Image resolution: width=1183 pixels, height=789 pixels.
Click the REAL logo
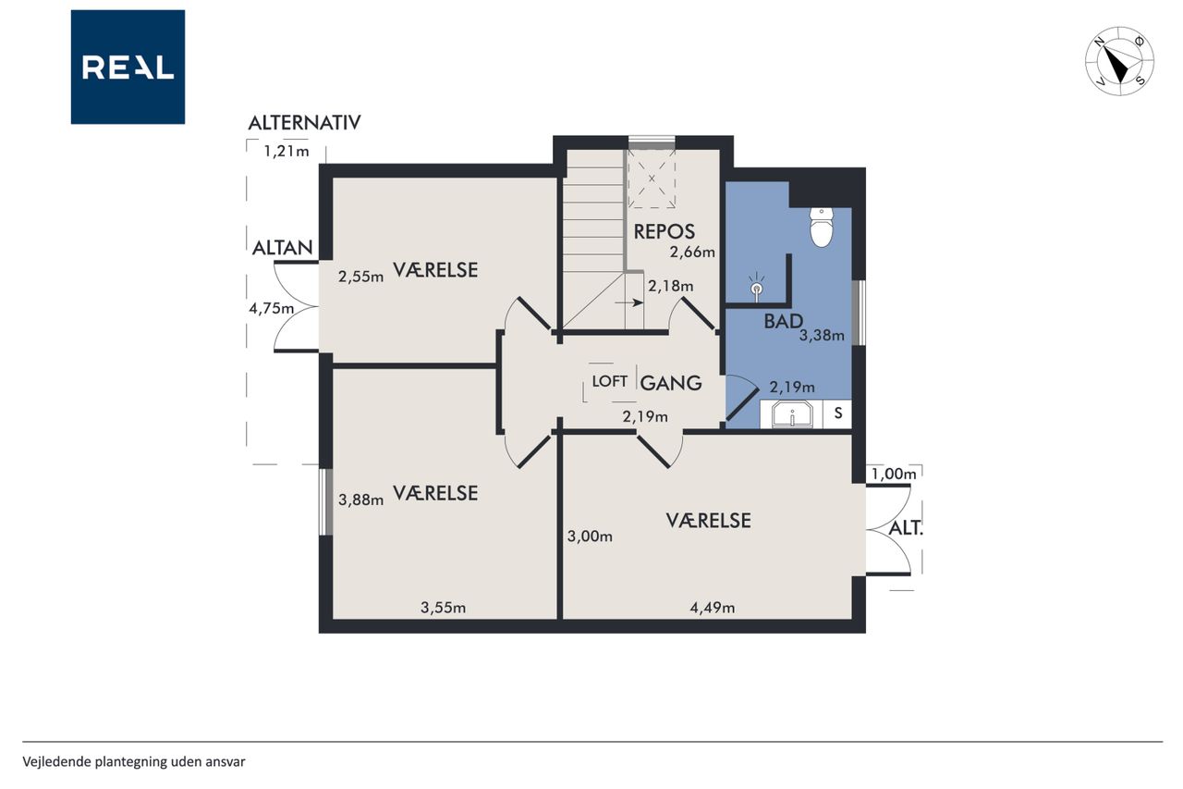tap(128, 67)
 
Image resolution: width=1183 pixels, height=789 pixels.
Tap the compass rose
tap(1119, 61)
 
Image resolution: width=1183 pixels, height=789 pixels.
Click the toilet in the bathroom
tap(822, 228)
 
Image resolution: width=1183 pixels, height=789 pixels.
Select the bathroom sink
tap(792, 413)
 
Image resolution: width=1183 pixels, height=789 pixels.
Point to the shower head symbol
tap(757, 287)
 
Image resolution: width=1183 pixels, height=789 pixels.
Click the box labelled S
tap(837, 413)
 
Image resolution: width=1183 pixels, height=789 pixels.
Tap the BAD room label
tap(783, 321)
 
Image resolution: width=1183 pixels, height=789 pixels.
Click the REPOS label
tap(665, 231)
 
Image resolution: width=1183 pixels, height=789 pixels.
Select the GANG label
tap(671, 383)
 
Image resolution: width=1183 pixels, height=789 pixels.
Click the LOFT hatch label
tap(609, 381)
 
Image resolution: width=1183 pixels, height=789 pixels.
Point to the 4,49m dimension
tap(712, 608)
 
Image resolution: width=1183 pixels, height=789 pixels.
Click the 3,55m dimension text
tap(443, 608)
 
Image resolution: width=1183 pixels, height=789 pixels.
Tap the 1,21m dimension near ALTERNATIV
tap(287, 151)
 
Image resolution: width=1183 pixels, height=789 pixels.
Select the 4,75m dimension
tap(272, 308)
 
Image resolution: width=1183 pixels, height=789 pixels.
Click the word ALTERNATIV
tap(304, 123)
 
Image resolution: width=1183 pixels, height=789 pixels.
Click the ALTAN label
tap(283, 248)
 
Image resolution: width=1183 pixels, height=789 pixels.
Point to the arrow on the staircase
tap(629, 302)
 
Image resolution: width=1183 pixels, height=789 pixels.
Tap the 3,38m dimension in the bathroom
tap(822, 335)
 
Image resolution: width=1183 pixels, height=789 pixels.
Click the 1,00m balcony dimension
tap(894, 474)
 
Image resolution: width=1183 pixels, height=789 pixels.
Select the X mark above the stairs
tap(652, 179)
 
